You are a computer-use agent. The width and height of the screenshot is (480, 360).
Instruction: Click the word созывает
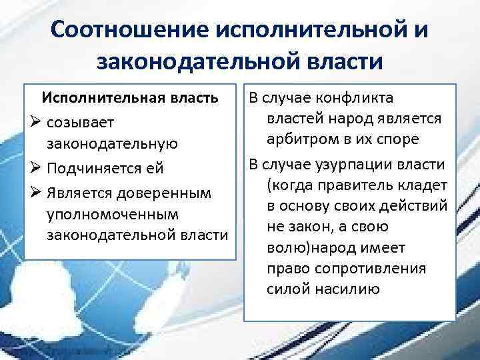coord(81,123)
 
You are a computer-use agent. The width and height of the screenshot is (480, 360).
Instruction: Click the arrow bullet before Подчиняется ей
coord(36,167)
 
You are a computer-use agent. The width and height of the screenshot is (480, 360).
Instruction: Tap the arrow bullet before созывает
coord(36,122)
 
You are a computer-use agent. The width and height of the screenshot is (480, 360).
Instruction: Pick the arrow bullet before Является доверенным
coord(36,191)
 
